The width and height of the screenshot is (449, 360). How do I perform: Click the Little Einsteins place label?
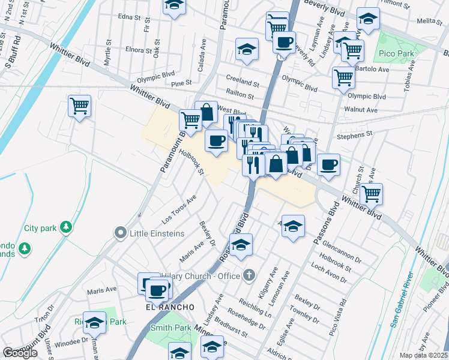[x=157, y=233]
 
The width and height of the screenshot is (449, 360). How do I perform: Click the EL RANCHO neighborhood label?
[x=170, y=307]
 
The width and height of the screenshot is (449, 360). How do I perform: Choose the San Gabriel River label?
[x=403, y=301]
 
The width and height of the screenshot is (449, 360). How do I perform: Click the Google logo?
[x=20, y=353]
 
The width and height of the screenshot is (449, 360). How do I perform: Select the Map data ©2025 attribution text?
[x=424, y=355]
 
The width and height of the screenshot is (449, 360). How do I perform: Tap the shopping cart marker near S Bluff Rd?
[x=79, y=106]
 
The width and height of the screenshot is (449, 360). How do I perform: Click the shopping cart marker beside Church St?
[x=372, y=193]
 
